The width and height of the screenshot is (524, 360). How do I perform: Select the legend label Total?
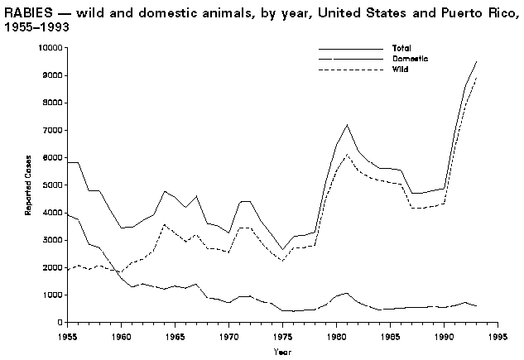(401, 49)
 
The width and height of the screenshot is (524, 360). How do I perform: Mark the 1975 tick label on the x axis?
(282, 337)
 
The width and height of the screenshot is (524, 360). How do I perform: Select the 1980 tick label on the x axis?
(337, 337)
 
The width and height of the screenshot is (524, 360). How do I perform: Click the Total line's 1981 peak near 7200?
(348, 125)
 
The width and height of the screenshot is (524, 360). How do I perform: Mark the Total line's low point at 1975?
(282, 249)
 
